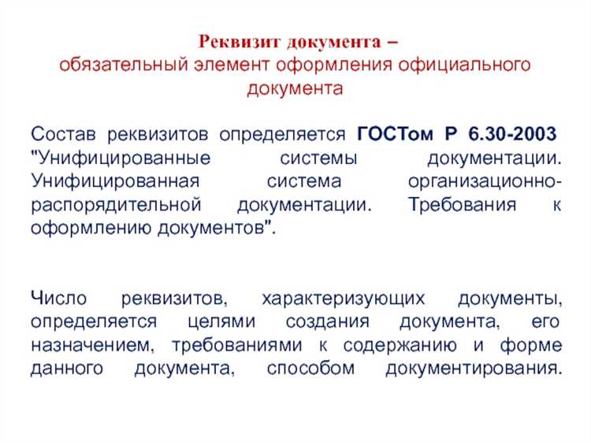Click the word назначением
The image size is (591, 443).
[88, 346]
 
